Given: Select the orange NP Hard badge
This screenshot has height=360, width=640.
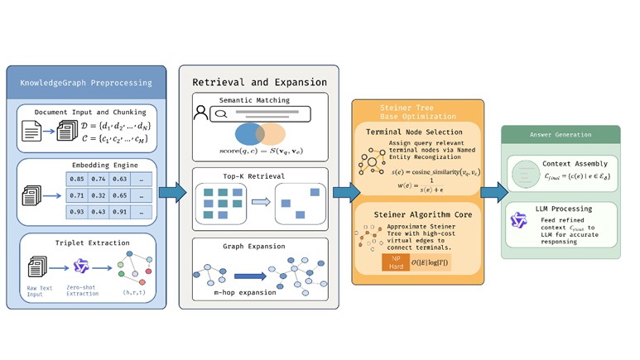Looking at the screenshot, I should (x=394, y=262).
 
